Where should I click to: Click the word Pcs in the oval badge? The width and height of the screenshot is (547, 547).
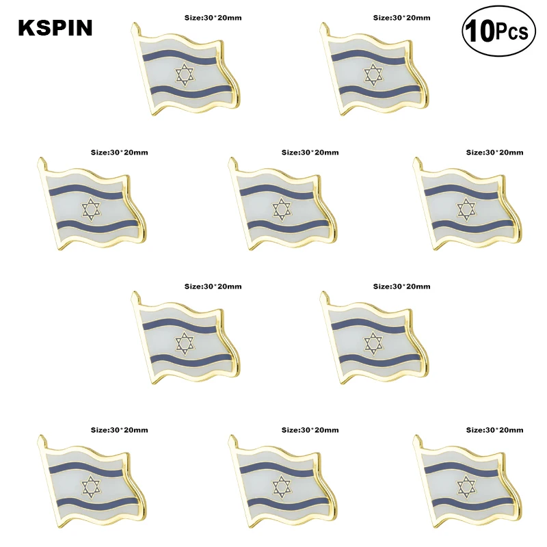pyautogui.click(x=512, y=32)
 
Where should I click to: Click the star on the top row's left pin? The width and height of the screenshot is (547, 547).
pyautogui.click(x=183, y=75)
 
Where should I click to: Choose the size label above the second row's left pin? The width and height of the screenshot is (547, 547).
pyautogui.click(x=120, y=152)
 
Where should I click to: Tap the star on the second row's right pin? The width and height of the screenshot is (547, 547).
pyautogui.click(x=466, y=209)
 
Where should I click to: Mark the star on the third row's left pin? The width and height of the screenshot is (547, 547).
pyautogui.click(x=183, y=343)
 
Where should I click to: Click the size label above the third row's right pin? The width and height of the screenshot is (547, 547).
pyautogui.click(x=401, y=286)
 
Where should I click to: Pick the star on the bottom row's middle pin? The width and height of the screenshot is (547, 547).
pyautogui.click(x=279, y=487)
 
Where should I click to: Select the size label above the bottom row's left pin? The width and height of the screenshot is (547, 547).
pyautogui.click(x=120, y=430)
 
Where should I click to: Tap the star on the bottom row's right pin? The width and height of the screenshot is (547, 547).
pyautogui.click(x=466, y=487)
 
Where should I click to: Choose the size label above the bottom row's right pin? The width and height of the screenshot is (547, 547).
pyautogui.click(x=494, y=430)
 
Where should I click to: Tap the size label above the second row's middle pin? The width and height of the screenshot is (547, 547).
pyautogui.click(x=310, y=152)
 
